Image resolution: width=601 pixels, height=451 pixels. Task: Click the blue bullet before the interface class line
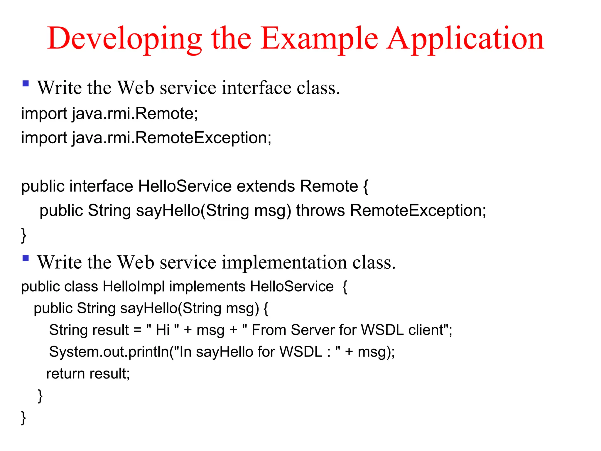pyautogui.click(x=26, y=84)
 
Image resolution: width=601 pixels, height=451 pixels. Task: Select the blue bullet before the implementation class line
pyautogui.click(x=26, y=258)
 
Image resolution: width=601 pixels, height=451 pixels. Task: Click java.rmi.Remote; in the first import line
pyautogui.click(x=135, y=114)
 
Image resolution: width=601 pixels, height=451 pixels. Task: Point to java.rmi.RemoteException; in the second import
pyautogui.click(x=172, y=138)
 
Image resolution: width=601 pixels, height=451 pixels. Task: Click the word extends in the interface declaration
pyautogui.click(x=266, y=186)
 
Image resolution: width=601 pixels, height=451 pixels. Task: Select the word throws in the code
pyautogui.click(x=320, y=211)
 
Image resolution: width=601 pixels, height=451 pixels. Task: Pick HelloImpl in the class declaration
pyautogui.click(x=134, y=286)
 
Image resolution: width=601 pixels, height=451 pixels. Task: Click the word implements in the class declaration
pyautogui.click(x=207, y=286)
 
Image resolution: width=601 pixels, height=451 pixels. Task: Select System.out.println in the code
pyautogui.click(x=109, y=352)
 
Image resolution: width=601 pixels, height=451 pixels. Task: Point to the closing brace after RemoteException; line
pyautogui.click(x=24, y=235)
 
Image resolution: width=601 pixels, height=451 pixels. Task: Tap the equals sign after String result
pyautogui.click(x=137, y=330)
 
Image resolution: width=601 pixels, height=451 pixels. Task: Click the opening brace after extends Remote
pyautogui.click(x=366, y=187)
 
